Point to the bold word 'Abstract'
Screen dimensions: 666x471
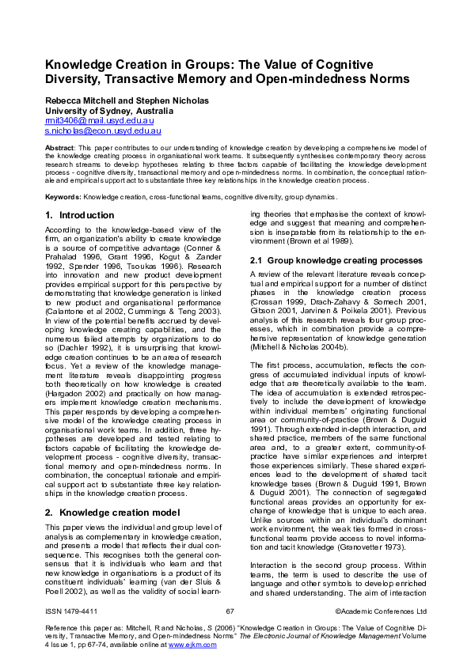[x=59, y=148]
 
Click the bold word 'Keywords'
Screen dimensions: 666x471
[x=63, y=196]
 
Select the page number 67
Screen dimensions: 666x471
[x=230, y=633]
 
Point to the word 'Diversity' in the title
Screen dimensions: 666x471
[x=78, y=79]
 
